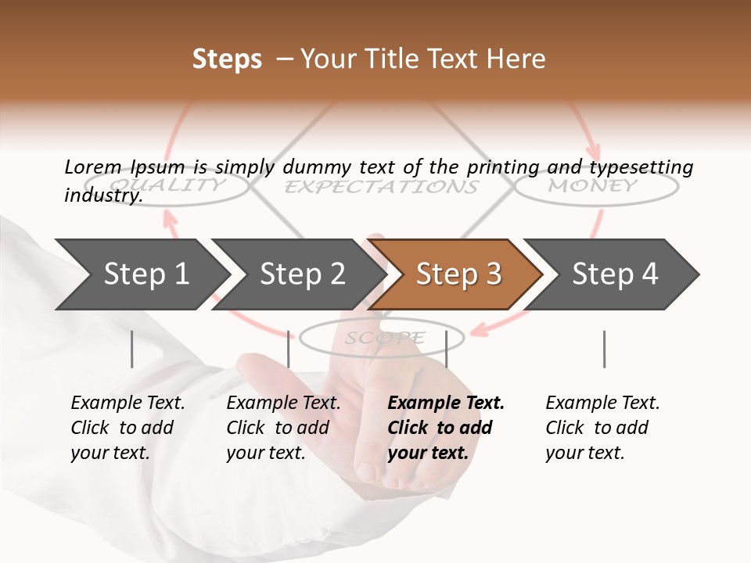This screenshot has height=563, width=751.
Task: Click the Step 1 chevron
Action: coord(145,274)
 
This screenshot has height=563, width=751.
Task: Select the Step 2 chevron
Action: coord(301,274)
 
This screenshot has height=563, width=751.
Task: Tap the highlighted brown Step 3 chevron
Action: coord(458,274)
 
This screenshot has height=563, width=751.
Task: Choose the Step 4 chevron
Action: coord(614,274)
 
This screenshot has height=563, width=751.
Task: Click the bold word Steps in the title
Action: coord(227,59)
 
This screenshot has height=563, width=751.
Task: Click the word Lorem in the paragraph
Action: coord(92,167)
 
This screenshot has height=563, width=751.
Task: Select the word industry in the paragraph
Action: coord(102,195)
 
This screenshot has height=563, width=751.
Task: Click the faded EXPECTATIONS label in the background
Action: coord(381,187)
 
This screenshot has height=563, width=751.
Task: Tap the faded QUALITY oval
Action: coord(192,185)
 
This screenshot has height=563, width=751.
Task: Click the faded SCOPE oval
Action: coord(383,338)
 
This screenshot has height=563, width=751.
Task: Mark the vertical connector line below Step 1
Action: coord(132,349)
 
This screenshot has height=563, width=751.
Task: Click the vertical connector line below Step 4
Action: coord(604,349)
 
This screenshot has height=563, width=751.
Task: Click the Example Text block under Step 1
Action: coord(128,428)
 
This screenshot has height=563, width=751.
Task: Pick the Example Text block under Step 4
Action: coord(602,428)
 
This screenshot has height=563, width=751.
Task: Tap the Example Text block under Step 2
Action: coord(283,428)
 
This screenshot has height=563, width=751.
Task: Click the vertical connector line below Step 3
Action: coord(446,349)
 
